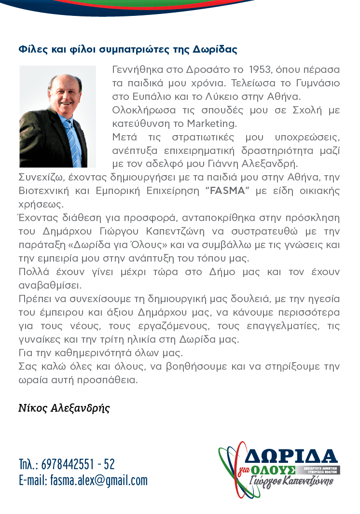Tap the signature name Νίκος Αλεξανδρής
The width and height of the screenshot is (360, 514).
(64, 408)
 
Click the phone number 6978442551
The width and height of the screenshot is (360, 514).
(68, 464)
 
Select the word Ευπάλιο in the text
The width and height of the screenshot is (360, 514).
(150, 97)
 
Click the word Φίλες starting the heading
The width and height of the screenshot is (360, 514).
(30, 49)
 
